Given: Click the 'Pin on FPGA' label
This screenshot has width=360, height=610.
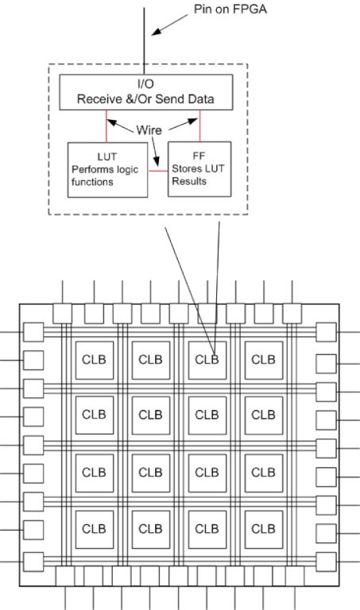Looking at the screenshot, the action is pos(230,9).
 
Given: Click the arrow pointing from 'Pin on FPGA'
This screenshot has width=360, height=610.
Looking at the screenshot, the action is pos(170,25).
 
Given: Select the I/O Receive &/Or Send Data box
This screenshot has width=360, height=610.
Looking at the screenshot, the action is pos(146,92).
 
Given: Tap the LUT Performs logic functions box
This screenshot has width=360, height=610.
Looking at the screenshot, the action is pos(108,170).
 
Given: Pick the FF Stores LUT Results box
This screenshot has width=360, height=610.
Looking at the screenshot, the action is pos(199,169).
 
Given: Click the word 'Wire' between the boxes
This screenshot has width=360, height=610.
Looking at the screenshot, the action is pos(149,130).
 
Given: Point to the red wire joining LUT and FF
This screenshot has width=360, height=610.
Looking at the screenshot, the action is pos(157,171).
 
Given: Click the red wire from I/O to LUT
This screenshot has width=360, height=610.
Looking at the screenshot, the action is pos(106,126).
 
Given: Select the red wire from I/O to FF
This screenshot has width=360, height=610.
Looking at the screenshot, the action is pos(200,125).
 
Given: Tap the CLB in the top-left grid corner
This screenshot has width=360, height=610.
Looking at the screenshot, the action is pos(95,361).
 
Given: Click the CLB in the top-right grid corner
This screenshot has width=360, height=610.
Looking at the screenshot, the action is pos(264,361).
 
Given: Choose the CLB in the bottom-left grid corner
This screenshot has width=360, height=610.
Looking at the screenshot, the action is pos(95,530).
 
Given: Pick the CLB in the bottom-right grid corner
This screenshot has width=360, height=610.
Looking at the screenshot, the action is pos(264,530).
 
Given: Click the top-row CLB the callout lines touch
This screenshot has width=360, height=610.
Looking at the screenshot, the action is pos(207,361).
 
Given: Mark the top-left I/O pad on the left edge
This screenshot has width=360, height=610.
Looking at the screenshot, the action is pos(33,332).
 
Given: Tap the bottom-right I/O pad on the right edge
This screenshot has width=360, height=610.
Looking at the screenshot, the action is pos(326,562).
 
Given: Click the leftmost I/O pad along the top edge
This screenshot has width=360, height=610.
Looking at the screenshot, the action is pos(62,314).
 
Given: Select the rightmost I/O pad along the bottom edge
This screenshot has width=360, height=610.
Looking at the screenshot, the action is pos(295,576).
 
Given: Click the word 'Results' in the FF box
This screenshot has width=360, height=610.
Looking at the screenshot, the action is pos(189,181).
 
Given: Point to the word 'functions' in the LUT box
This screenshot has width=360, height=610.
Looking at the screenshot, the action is pos(92,182).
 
